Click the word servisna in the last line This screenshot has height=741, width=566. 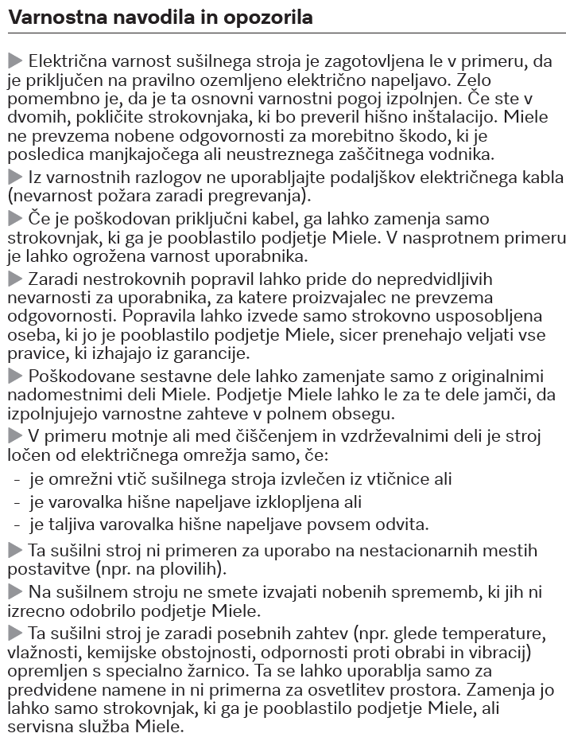44,727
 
